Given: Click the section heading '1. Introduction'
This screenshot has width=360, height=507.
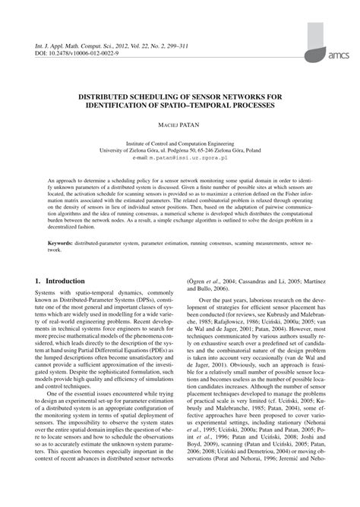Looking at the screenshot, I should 60,259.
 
